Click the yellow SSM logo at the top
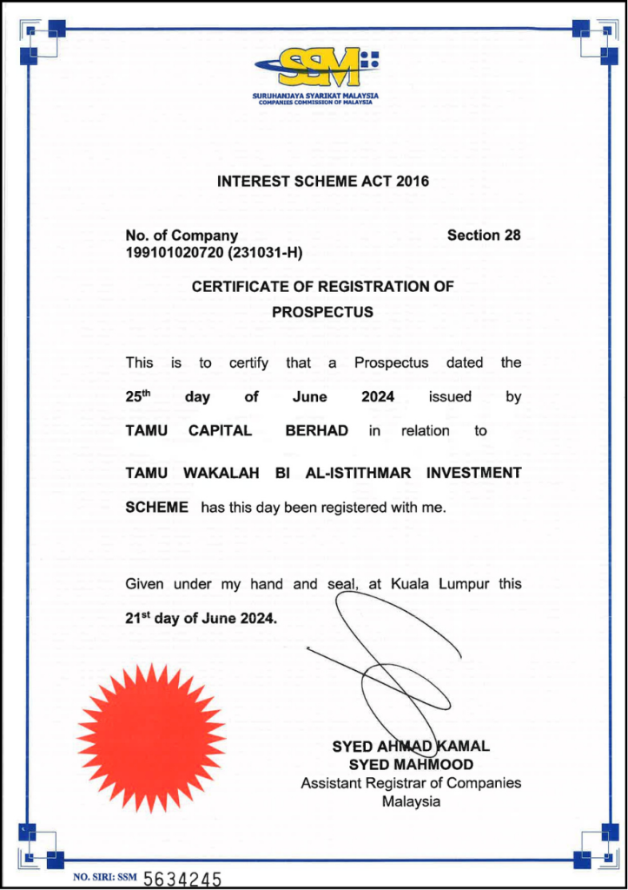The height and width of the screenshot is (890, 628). point(315,66)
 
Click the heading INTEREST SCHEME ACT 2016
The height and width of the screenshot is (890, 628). point(322,183)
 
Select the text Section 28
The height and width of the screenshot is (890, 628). point(483,236)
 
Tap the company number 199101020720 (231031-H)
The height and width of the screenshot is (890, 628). point(214,253)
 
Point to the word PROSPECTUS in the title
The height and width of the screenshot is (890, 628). point(322,312)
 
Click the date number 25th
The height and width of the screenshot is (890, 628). point(137,396)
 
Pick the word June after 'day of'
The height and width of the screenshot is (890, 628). point(309,397)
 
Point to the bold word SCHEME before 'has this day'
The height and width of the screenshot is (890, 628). point(156,508)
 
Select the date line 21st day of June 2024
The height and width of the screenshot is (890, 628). point(202,619)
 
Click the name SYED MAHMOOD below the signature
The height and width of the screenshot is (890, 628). point(411,765)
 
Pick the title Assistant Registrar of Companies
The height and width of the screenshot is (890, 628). point(411,783)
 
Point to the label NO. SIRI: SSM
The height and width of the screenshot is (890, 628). point(105,878)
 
